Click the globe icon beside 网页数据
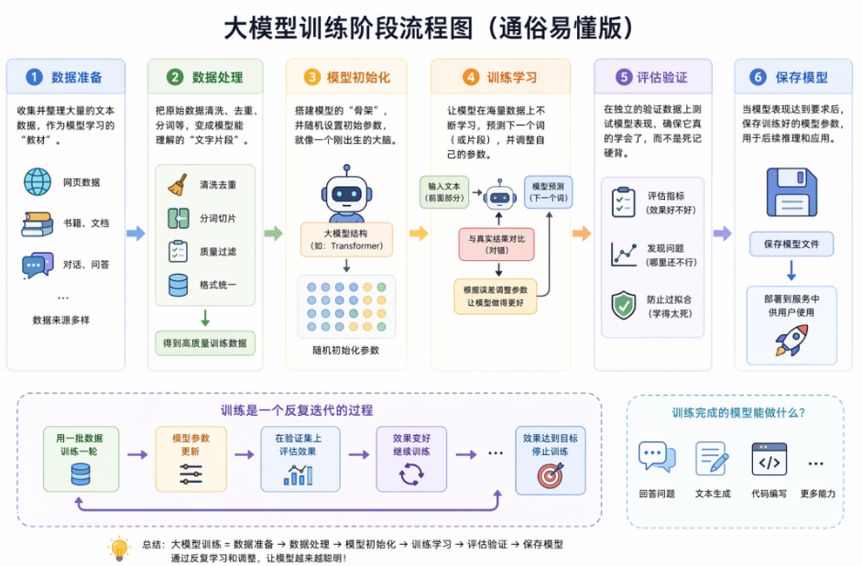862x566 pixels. pos(38,182)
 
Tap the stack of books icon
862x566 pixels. pos(38,223)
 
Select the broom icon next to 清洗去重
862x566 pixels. pos(178,185)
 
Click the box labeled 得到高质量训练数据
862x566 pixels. pos(205,343)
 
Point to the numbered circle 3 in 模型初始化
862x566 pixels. pos(311,77)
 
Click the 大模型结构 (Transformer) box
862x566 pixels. pos(346,240)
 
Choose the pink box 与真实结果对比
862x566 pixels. pos(496,245)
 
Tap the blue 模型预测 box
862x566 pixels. pos(548,192)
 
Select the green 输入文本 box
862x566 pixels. pos(444,192)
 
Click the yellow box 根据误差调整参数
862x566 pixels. pos(496,296)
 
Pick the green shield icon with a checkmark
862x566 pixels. pos(624,305)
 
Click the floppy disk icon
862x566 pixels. pos(791,192)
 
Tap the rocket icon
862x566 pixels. pos(791,340)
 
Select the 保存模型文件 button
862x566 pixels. pos(791,244)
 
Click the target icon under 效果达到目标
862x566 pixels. pos(551,475)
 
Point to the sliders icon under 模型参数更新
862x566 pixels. pos(191,473)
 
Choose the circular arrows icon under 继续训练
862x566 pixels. pos(411,473)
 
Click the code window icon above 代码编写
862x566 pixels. pos(769,460)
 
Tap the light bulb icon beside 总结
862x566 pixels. pos(119,549)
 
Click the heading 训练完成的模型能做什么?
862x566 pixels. pos(738,413)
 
